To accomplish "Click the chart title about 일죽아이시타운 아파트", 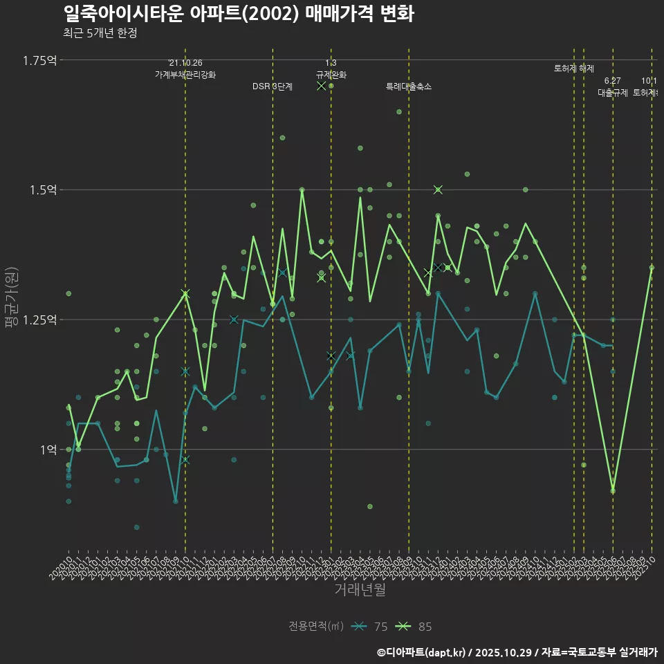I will tap(238, 14).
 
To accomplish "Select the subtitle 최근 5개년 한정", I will tap(100, 33).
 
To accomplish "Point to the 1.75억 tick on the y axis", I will tap(40, 60).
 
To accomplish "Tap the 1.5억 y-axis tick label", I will tap(43, 190).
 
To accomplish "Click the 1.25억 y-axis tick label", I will tap(40, 320).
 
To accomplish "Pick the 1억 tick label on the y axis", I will tap(48, 449).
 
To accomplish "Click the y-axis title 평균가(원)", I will tap(12, 297).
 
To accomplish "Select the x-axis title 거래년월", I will tap(360, 589).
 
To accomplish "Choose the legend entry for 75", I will tap(370, 627).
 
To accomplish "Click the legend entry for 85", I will tap(415, 627).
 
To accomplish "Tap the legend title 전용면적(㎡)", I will tap(316, 627).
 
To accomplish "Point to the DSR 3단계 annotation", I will tap(273, 86).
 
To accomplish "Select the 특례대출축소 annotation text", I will tap(409, 86).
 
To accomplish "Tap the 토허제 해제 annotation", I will tap(574, 68).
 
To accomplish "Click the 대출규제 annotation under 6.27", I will tap(613, 92).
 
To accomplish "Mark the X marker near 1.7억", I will tap(321, 86).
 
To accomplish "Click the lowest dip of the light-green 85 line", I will tap(613, 490).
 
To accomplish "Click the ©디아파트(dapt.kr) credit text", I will tap(422, 652).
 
